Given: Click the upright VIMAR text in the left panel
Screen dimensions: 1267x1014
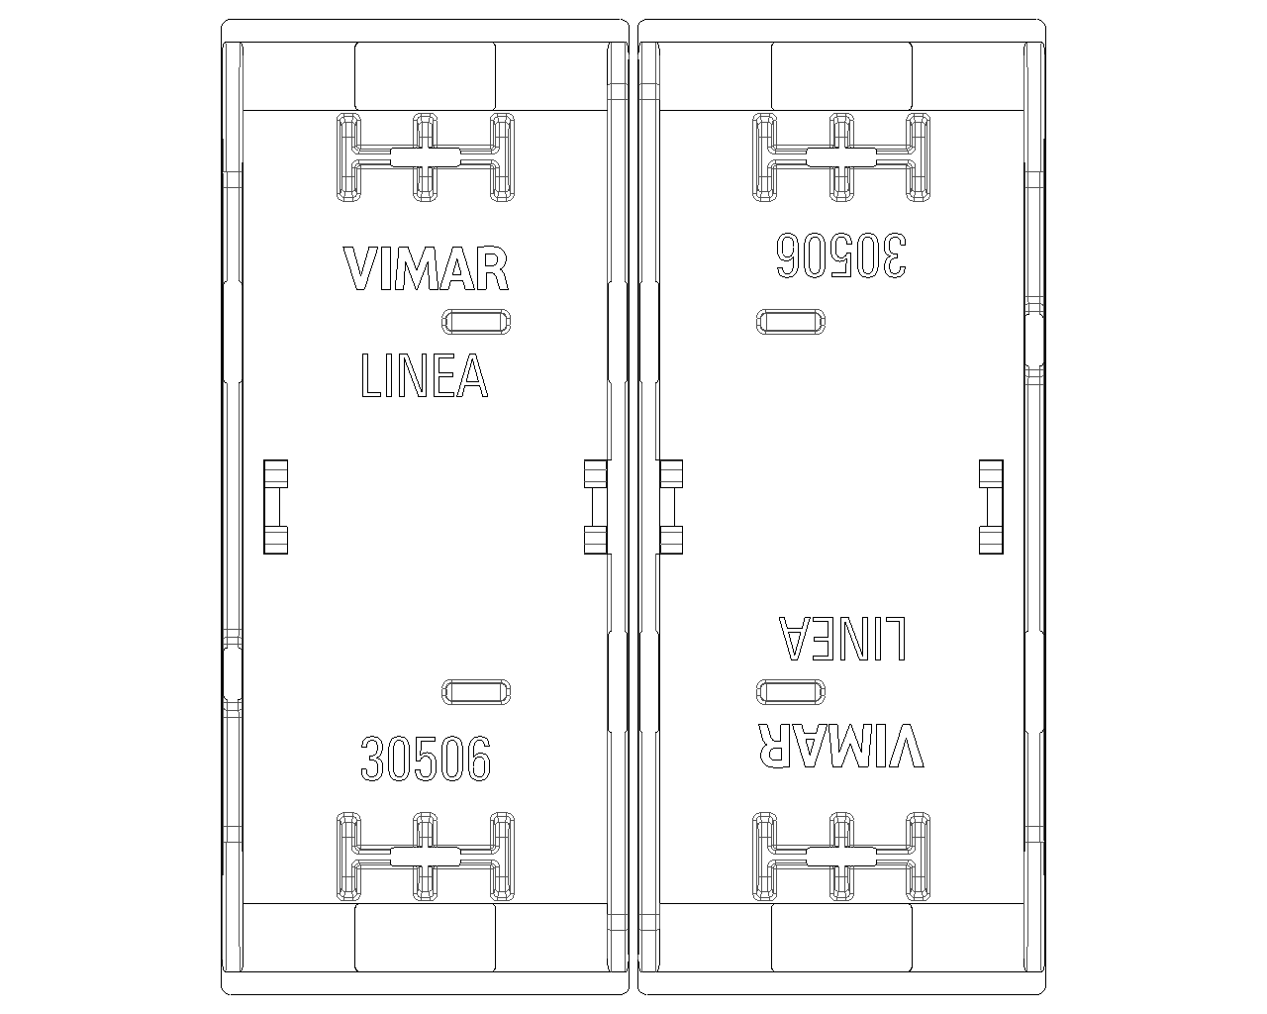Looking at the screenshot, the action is [426, 268].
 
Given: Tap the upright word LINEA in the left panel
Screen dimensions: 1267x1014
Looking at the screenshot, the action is [425, 375].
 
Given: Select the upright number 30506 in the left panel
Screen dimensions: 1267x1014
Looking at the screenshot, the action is [426, 759].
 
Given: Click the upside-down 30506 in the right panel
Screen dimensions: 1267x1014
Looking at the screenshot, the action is [841, 255].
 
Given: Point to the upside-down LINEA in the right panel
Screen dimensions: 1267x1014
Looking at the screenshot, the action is [842, 639].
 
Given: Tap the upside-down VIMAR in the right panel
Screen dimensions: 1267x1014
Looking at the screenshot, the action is [841, 746].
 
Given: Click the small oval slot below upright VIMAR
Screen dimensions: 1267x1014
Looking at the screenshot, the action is [476, 322].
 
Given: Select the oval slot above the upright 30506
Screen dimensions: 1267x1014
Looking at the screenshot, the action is [476, 692].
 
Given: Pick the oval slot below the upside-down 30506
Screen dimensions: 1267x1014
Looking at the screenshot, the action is [791, 322].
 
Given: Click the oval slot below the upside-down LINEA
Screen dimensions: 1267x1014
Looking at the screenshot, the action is [791, 692].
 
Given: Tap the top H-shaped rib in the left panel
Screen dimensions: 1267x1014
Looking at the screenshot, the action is [425, 157].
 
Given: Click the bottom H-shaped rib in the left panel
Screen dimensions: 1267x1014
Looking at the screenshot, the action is [425, 857].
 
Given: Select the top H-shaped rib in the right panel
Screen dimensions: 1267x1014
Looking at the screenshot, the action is [841, 157].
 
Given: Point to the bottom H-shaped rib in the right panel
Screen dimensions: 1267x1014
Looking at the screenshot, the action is [841, 857].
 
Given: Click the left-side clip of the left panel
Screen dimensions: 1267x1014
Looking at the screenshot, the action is [275, 507].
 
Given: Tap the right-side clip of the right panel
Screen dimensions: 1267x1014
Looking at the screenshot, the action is [991, 507].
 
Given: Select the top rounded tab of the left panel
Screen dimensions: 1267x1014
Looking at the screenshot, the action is [425, 76].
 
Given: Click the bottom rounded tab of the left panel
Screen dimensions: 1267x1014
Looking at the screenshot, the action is [425, 938].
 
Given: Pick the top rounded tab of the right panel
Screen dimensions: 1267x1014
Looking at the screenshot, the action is [841, 76].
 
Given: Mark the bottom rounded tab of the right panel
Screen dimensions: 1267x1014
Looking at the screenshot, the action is [841, 938].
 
